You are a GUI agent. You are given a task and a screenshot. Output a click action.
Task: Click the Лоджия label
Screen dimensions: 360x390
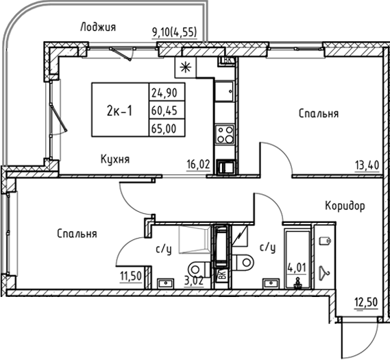tap(97, 27)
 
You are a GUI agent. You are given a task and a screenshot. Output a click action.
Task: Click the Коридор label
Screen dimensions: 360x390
tap(344, 205)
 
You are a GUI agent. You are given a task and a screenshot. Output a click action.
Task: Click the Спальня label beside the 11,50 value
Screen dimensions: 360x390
tap(77, 234)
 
